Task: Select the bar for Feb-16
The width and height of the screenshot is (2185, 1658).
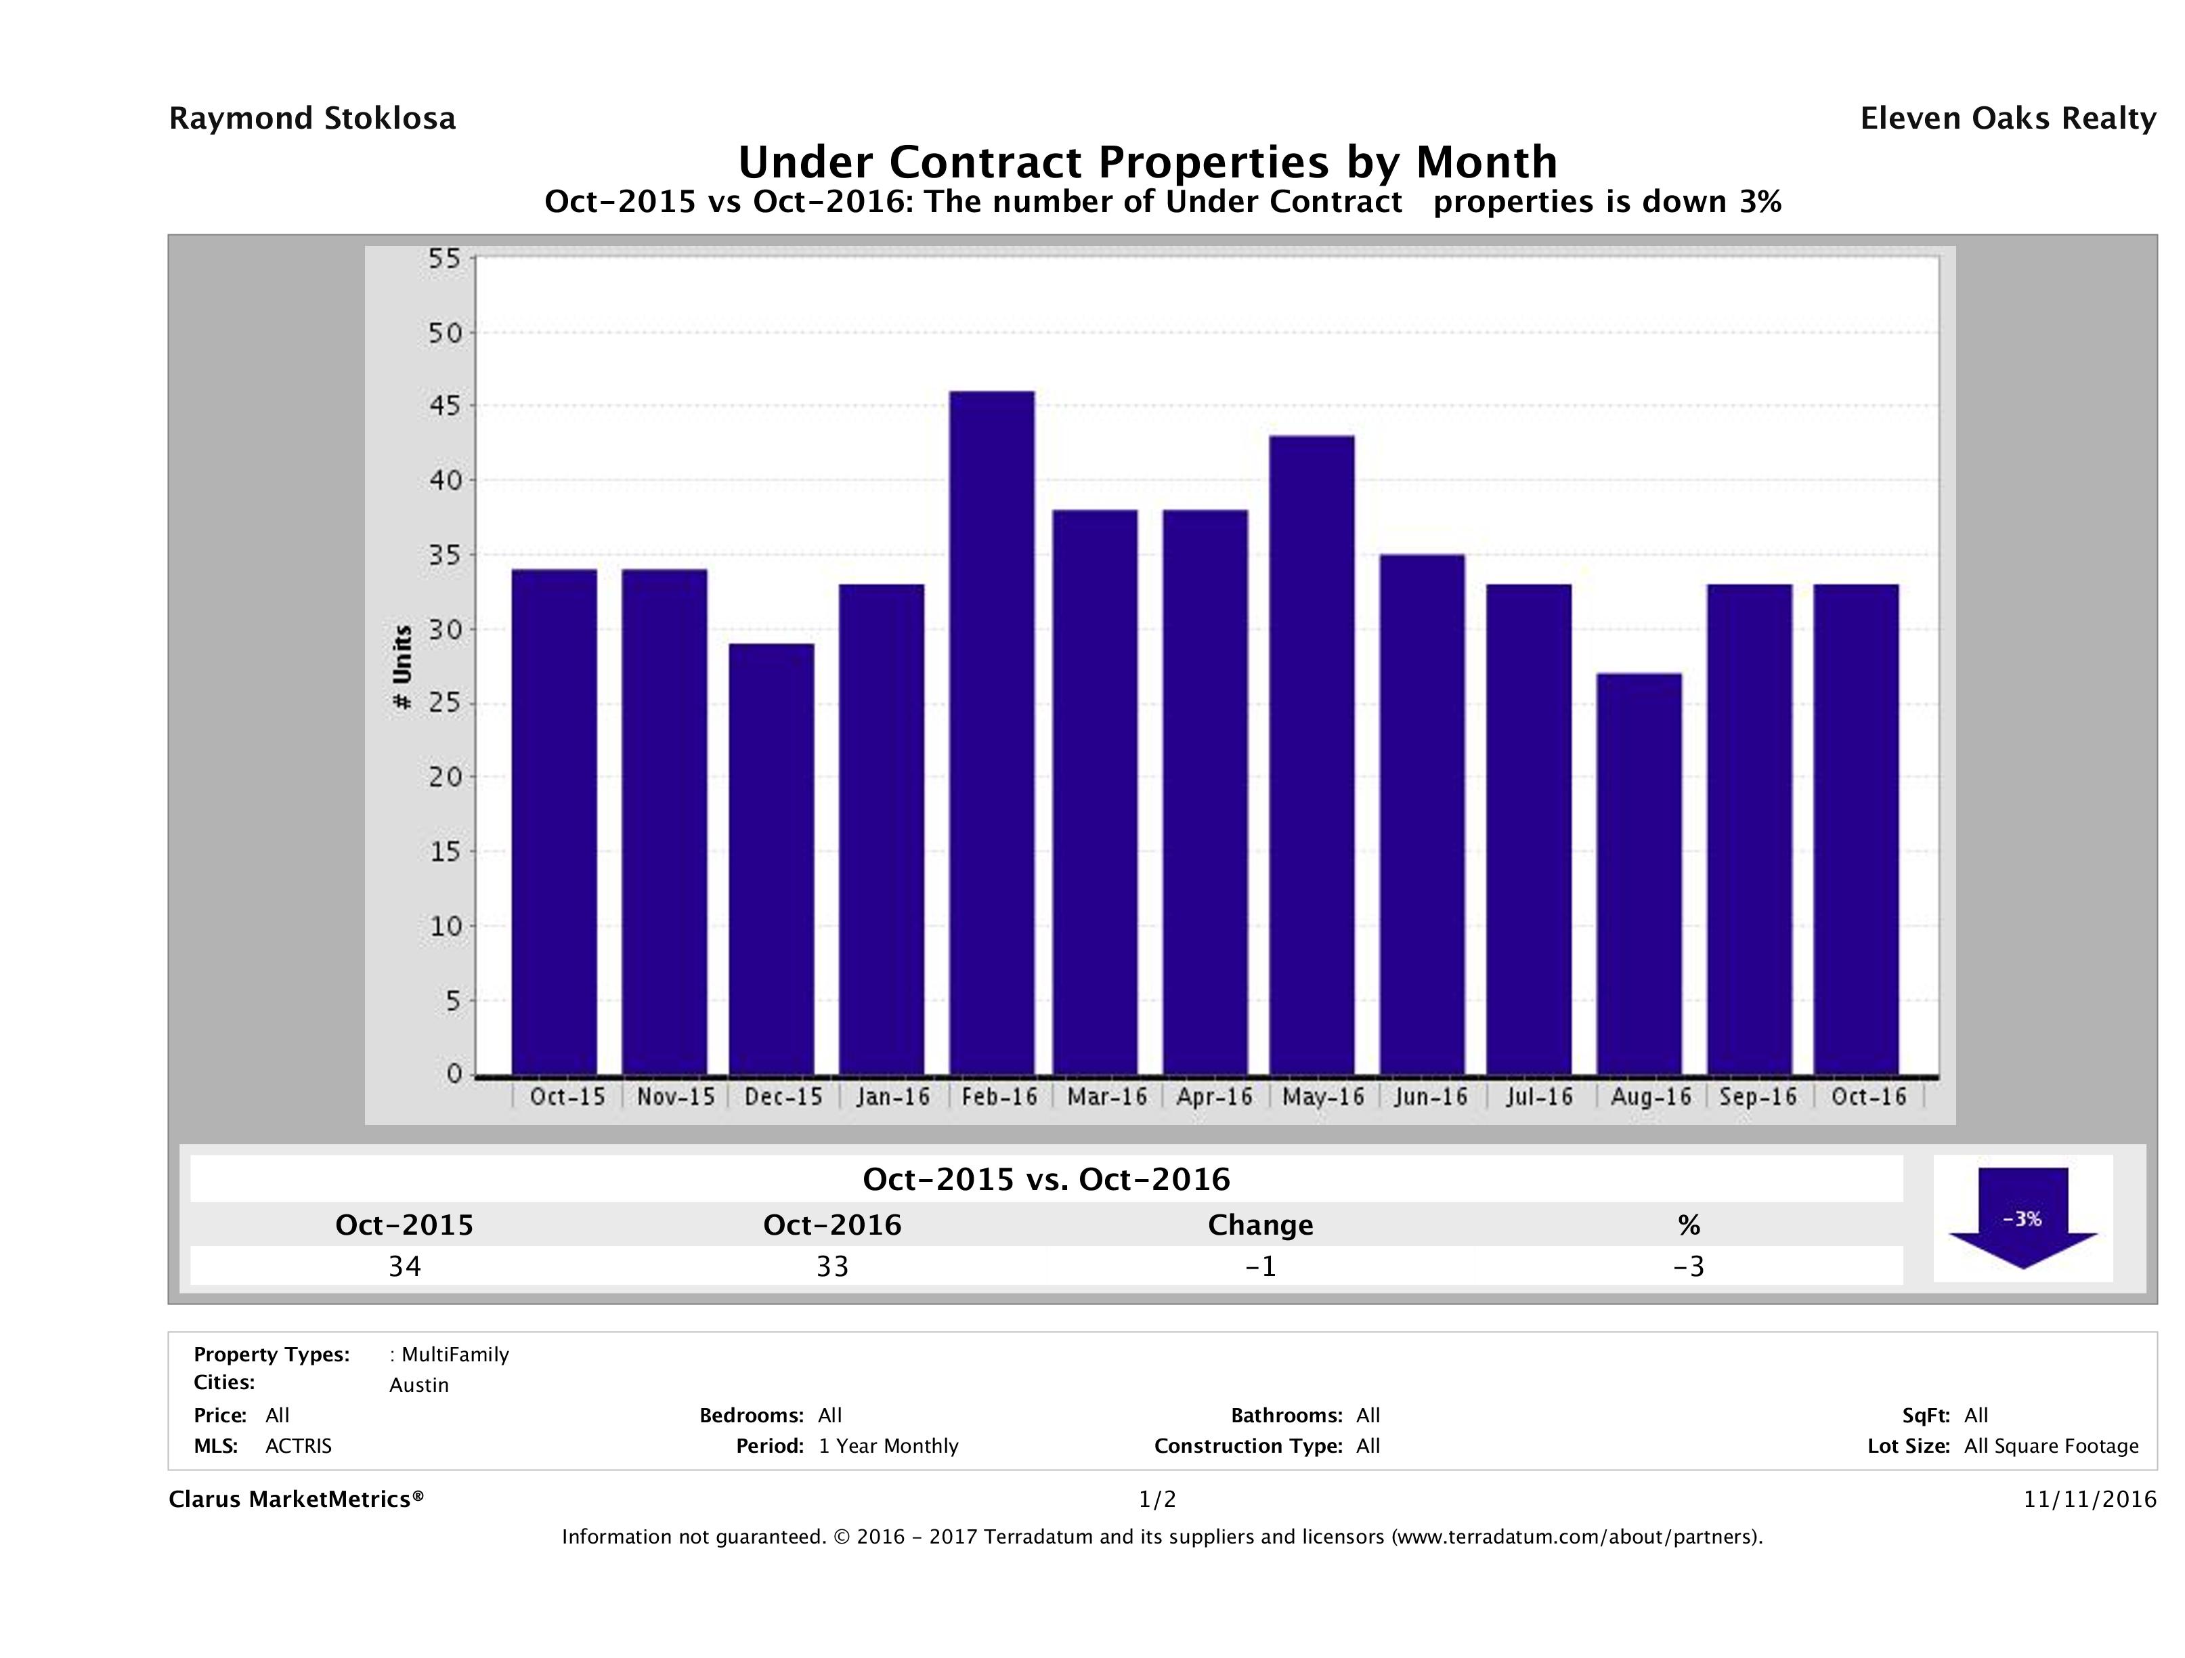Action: pyautogui.click(x=992, y=731)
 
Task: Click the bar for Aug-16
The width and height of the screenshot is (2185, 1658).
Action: pyautogui.click(x=1639, y=874)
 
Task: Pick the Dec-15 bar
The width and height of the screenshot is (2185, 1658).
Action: pyautogui.click(x=771, y=859)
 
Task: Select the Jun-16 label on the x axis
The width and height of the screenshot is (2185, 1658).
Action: pyautogui.click(x=1430, y=1097)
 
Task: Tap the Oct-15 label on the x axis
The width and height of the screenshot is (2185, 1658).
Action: pyautogui.click(x=567, y=1097)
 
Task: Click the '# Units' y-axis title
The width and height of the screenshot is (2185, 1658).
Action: pyautogui.click(x=402, y=667)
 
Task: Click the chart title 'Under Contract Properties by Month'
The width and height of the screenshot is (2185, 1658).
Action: pyautogui.click(x=1147, y=161)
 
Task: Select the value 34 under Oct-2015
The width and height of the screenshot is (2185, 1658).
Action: pyautogui.click(x=405, y=1267)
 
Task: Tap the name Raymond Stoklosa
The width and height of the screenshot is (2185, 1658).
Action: pyautogui.click(x=312, y=119)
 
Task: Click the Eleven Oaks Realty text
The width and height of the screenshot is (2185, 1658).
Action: pyautogui.click(x=2007, y=119)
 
